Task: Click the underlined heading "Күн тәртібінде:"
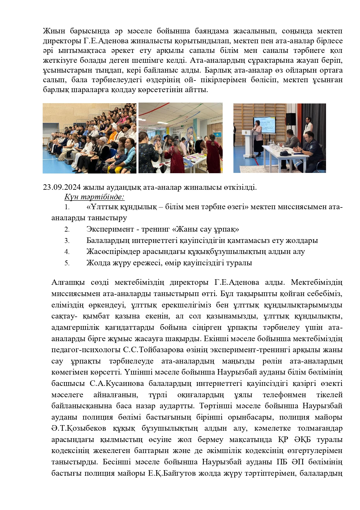[94, 197]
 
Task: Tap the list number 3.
[67, 241]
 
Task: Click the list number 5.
[67, 263]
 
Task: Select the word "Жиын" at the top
[54, 31]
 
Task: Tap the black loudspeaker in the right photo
[291, 119]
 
